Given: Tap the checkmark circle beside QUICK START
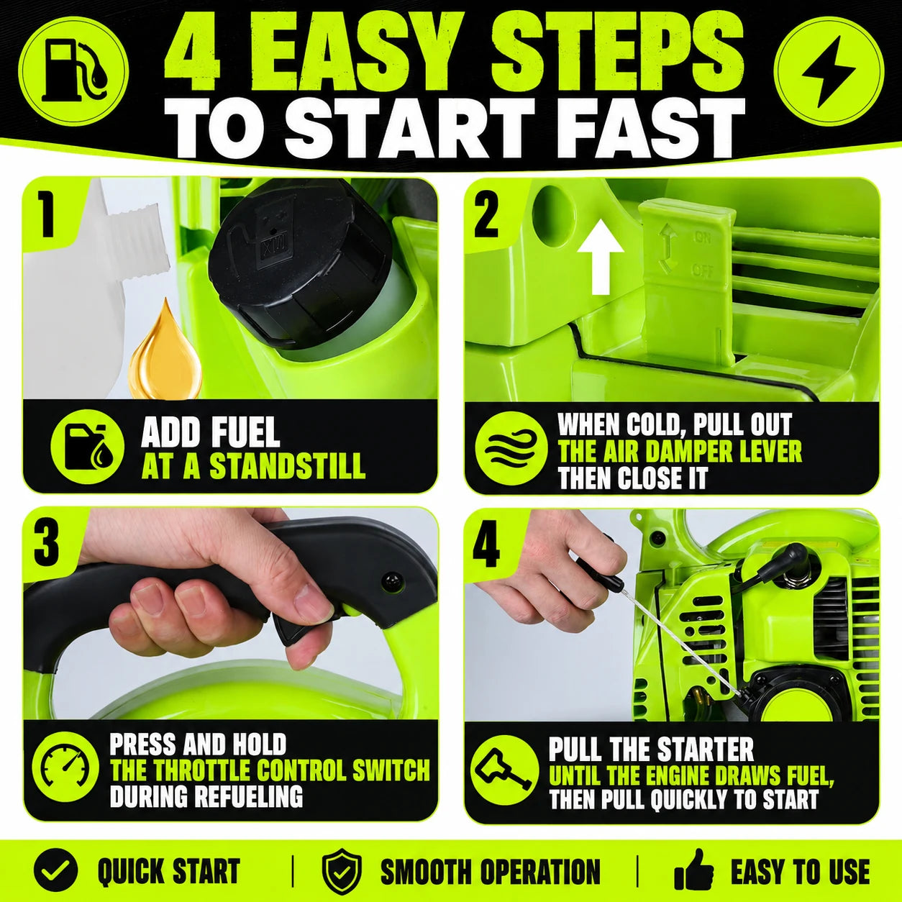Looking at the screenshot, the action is [55, 858].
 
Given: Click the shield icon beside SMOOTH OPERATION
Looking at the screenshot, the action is [342, 859].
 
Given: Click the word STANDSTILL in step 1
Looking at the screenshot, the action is [288, 465].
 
